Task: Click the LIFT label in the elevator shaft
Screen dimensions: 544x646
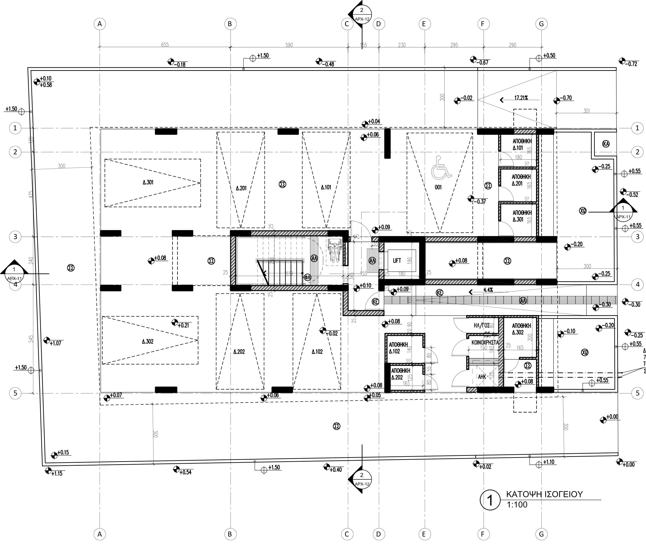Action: coord(397,261)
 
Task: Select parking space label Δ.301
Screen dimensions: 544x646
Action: coord(148,182)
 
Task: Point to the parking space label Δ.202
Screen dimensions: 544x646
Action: coord(239,352)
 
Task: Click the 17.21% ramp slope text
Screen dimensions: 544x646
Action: coord(521,98)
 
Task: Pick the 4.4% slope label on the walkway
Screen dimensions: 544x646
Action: coord(488,290)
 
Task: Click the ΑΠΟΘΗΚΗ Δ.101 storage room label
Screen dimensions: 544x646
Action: coord(522,144)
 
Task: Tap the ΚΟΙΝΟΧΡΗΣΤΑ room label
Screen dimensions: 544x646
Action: coord(485,342)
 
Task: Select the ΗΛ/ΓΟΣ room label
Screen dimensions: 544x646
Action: coord(482,325)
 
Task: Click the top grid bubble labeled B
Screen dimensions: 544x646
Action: coord(230,24)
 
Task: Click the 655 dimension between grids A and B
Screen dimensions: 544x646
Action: coord(165,45)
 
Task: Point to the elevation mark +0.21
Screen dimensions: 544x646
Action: coord(183,325)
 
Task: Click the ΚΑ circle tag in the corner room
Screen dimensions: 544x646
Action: coord(605,144)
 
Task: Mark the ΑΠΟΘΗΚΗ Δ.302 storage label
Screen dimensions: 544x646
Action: coord(521,329)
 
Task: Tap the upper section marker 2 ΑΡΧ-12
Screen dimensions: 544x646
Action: coord(362,14)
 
